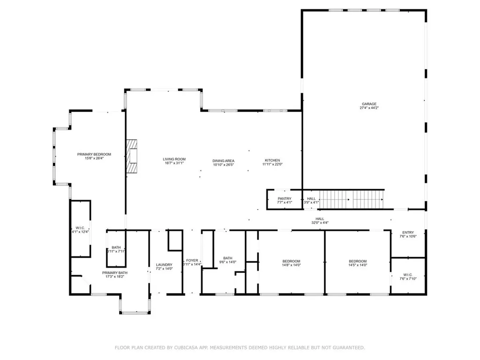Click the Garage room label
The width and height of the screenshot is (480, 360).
click(368, 104)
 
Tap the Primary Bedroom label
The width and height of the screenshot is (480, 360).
click(94, 154)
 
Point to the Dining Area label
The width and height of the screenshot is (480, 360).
click(223, 160)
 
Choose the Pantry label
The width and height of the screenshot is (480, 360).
click(284, 198)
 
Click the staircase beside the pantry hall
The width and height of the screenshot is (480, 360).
click(352, 200)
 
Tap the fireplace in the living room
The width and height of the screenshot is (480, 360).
click(131, 156)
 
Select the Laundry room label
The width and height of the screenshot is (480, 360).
click(164, 265)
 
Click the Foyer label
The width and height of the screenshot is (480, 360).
click(192, 260)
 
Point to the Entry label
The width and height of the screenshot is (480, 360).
click(408, 232)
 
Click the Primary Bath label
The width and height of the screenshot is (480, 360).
click(115, 272)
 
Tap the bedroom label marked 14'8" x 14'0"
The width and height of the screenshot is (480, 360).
click(291, 261)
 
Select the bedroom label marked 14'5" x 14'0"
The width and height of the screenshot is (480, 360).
click(357, 261)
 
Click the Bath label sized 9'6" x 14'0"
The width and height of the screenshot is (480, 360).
click(227, 258)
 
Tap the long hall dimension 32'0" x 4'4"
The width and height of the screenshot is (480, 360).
click(320, 223)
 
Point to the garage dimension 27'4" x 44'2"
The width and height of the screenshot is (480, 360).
click(368, 108)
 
